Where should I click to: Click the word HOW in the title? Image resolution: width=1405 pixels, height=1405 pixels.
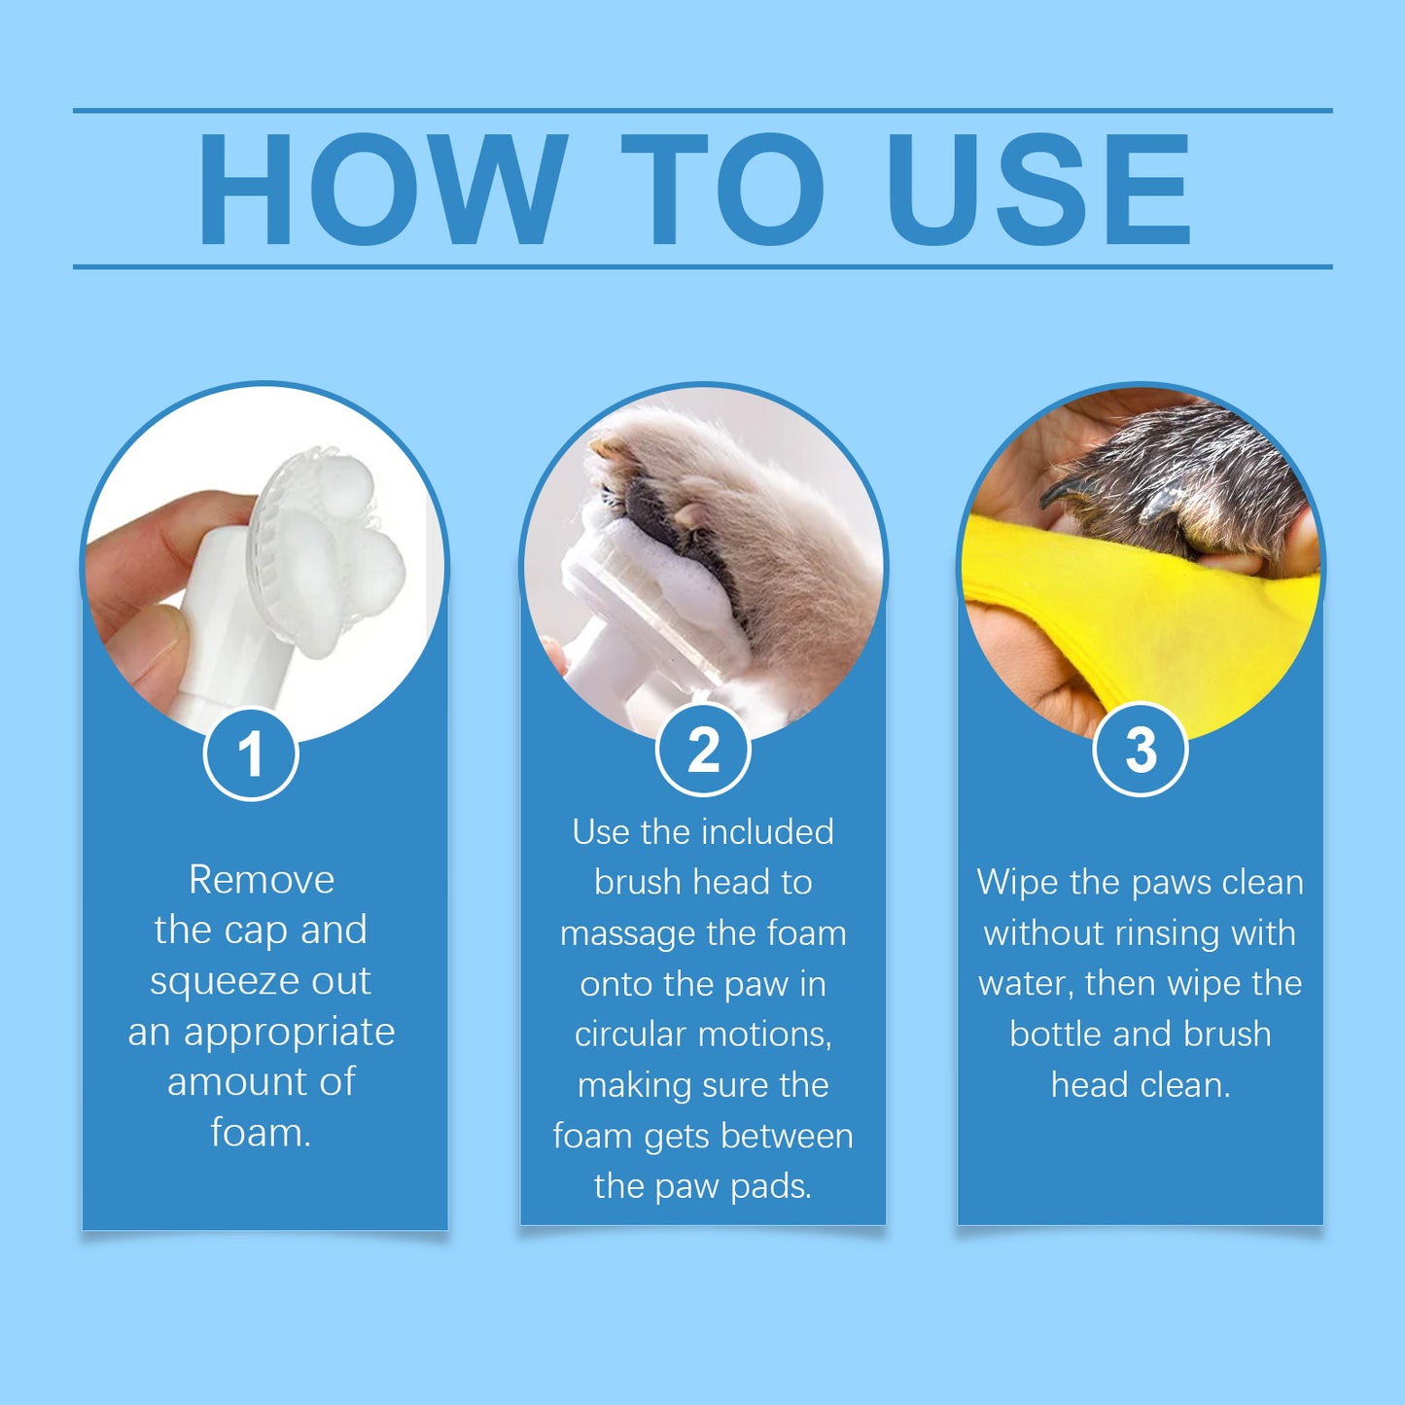point(382,190)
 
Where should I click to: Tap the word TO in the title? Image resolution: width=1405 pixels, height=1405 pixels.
point(722,190)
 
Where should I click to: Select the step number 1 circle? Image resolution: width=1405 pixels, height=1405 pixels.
point(251,754)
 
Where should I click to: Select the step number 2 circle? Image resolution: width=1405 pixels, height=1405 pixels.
point(703,750)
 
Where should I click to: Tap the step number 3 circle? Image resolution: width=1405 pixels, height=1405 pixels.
point(1141,750)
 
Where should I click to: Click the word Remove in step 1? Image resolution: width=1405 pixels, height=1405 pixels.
point(262,880)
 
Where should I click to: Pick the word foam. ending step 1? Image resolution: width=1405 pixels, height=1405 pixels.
point(261,1133)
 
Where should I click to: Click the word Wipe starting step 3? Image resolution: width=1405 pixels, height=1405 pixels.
point(1017,883)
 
